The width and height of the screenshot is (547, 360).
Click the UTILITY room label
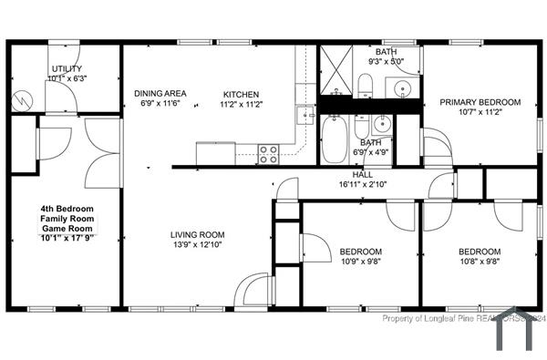66,68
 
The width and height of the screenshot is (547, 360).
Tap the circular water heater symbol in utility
20,100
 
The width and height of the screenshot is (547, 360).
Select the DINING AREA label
160,93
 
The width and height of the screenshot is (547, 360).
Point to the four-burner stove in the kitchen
268,154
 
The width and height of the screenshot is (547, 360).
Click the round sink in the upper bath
402,87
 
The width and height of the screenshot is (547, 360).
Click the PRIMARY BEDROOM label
480,102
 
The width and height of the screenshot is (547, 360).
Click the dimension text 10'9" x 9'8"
361,262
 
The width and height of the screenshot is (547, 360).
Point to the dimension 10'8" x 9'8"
479,262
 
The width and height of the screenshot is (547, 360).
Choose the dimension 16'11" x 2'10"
363,184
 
